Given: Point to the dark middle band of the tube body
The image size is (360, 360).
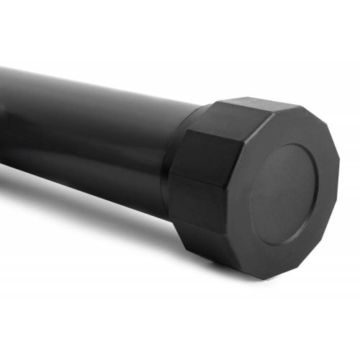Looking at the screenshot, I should (86, 144).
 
